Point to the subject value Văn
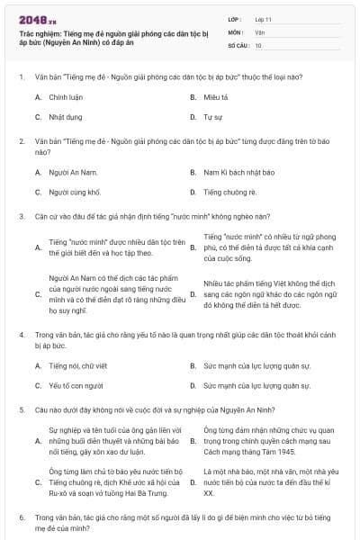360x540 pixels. (259, 31)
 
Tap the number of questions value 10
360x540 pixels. (258, 44)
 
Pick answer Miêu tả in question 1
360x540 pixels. (216, 96)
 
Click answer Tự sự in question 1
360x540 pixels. (212, 117)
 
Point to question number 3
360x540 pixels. (21, 216)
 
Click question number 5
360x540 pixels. (21, 409)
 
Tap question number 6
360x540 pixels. (21, 518)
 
